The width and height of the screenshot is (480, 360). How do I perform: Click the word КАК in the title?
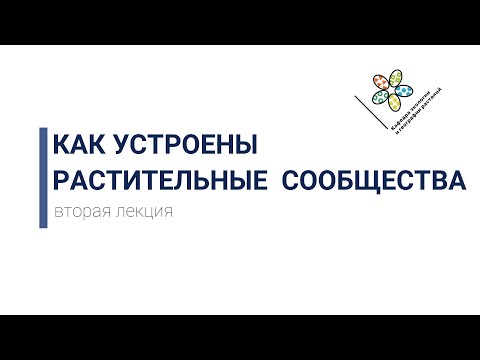78,146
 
